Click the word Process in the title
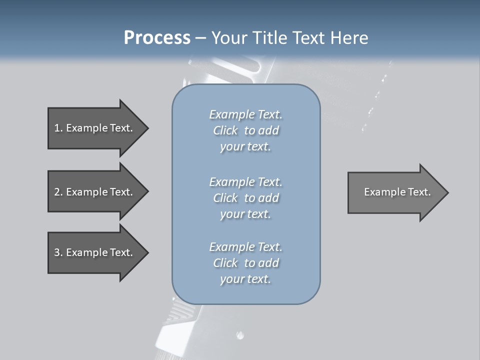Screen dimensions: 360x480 click(157, 38)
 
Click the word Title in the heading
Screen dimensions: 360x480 click(270, 38)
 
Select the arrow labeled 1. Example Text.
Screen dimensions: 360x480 click(95, 128)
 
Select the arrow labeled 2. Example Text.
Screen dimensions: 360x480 click(95, 192)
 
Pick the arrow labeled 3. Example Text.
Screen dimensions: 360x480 click(95, 252)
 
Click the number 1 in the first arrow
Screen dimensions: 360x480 click(57, 128)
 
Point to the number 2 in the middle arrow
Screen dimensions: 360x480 click(57, 192)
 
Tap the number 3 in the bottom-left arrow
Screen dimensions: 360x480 click(57, 252)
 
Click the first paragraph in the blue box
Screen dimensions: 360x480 click(245, 130)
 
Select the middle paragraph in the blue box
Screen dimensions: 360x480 click(245, 198)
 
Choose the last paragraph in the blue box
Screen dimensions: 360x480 click(245, 263)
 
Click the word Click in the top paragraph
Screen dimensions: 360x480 click(225, 130)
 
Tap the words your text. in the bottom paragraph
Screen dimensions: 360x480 click(245, 279)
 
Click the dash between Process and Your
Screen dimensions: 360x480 click(200, 38)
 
